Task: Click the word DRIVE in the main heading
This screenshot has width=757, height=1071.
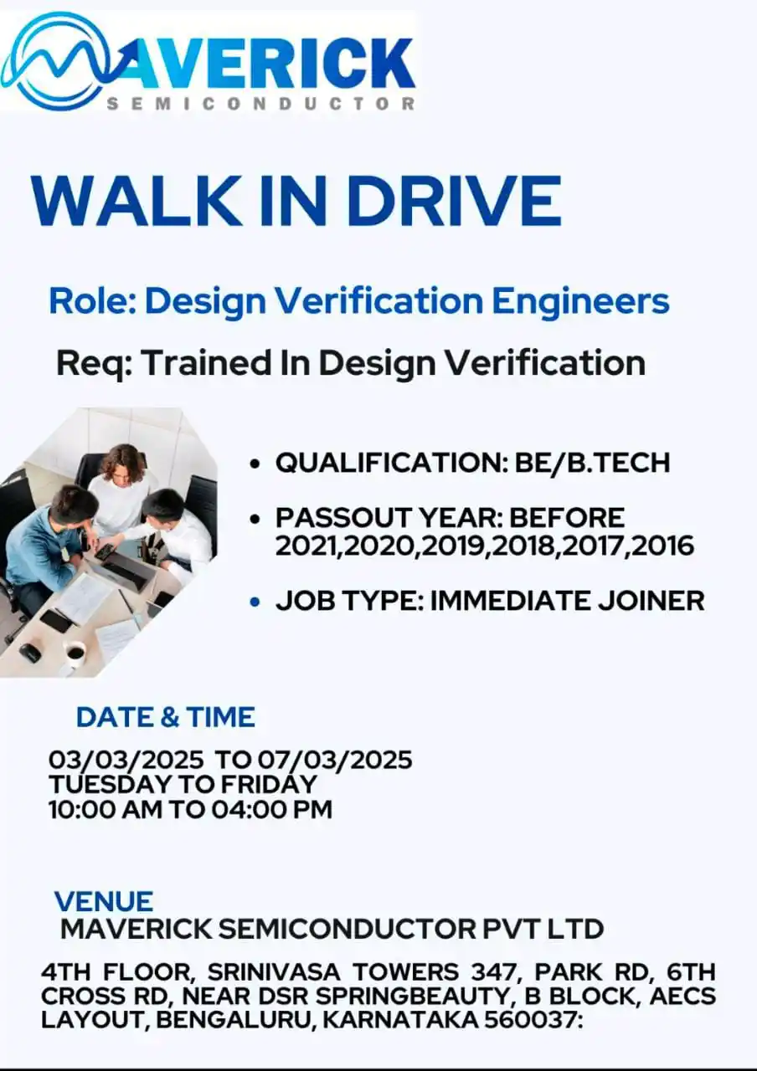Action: (x=453, y=202)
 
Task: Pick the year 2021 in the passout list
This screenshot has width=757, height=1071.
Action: (x=306, y=546)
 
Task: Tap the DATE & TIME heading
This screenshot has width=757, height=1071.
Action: (x=165, y=717)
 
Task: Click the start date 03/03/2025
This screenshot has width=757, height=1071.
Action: (x=126, y=760)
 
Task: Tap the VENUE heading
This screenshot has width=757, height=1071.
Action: (x=104, y=901)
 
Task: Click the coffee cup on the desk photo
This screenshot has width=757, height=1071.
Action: (x=75, y=653)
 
